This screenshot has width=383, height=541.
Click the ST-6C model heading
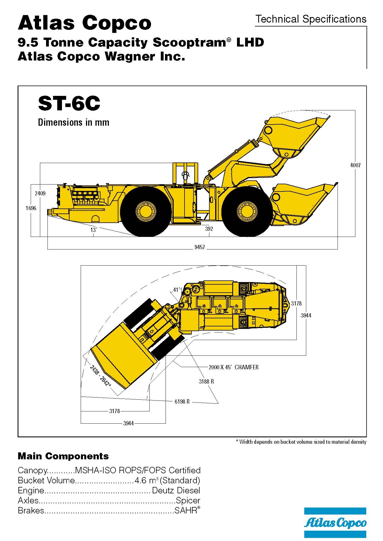click(x=69, y=103)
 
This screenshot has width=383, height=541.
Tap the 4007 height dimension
click(x=355, y=165)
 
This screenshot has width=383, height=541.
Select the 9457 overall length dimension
click(x=199, y=247)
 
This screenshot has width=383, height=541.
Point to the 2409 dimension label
click(x=40, y=193)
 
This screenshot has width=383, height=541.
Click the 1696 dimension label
click(x=31, y=208)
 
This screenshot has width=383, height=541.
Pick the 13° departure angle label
click(x=93, y=230)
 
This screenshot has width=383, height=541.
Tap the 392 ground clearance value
click(x=209, y=229)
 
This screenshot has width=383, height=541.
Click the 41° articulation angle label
click(x=176, y=290)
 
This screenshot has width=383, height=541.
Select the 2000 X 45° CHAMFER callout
click(x=233, y=367)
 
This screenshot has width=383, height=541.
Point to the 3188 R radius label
click(x=206, y=381)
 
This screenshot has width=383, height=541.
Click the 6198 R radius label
click(x=182, y=402)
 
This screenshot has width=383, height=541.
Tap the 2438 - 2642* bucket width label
click(x=100, y=376)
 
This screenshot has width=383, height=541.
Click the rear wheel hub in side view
click(x=145, y=211)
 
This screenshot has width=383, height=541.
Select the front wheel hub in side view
click(x=247, y=211)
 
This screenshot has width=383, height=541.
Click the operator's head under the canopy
click(x=185, y=175)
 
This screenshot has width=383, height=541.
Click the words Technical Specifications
click(x=311, y=19)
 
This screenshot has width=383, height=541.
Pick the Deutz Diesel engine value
click(x=176, y=490)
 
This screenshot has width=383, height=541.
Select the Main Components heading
click(x=63, y=456)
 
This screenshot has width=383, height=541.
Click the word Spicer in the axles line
click(x=188, y=500)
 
